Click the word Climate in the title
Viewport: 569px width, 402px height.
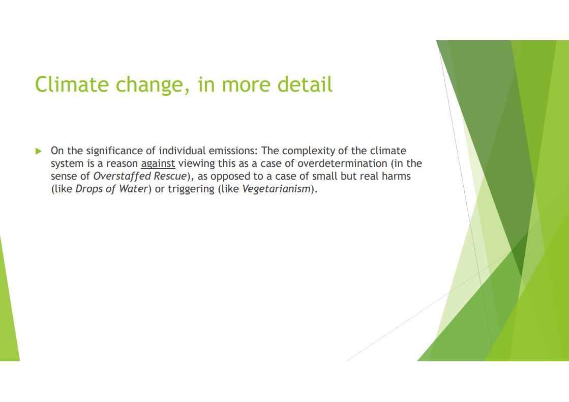point(72,84)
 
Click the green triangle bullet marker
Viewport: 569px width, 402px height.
point(39,151)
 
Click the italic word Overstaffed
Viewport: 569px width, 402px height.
point(122,176)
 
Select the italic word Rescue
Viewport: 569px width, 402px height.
point(170,176)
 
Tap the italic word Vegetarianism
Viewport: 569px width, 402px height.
point(276,189)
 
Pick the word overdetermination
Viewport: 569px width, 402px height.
point(342,163)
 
